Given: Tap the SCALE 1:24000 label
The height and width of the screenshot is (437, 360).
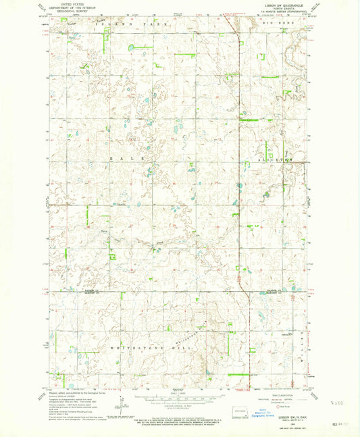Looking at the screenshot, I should pyautogui.click(x=177, y=393).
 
